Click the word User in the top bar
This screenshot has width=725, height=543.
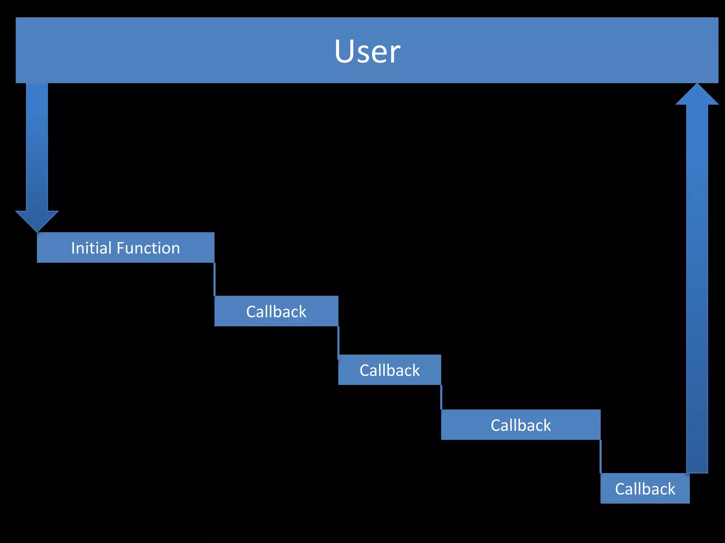tap(367, 52)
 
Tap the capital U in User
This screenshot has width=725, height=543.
tap(344, 52)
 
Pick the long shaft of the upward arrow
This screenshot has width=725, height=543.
tap(697, 283)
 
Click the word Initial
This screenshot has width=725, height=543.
tap(91, 248)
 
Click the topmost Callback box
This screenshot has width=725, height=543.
tap(276, 311)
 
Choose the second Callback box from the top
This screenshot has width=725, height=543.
tap(389, 370)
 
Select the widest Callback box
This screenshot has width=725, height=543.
tap(520, 425)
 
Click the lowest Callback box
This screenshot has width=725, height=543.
tap(645, 489)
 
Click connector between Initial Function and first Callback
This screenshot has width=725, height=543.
tap(215, 279)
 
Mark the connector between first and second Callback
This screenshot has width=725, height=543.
tap(338, 341)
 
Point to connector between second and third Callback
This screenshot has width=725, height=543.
tap(441, 397)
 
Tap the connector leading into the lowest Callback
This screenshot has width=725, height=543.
tap(601, 457)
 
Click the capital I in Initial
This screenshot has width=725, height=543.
tap(73, 248)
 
